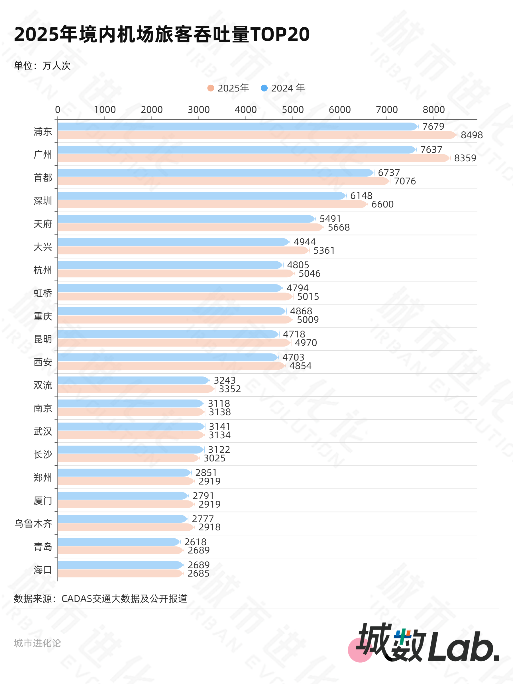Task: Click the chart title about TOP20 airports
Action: tap(162, 34)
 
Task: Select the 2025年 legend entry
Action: tap(228, 88)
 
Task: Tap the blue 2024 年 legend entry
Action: tap(283, 88)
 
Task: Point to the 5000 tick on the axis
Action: tap(292, 109)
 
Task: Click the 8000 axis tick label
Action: tap(433, 109)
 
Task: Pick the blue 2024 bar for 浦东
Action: tap(237, 127)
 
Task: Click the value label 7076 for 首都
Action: tap(405, 181)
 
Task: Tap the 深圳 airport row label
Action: tap(43, 201)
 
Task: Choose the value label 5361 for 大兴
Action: tap(324, 251)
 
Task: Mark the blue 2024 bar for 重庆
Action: tap(172, 311)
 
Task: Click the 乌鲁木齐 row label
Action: tap(33, 524)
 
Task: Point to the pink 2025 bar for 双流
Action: tap(136, 389)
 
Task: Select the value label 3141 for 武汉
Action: tap(219, 426)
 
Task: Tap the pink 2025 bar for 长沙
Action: tap(128, 458)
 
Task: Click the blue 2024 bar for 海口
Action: tap(120, 565)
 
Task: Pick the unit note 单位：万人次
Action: tap(42, 66)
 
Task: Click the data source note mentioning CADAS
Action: tap(101, 599)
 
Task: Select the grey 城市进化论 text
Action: tap(37, 643)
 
